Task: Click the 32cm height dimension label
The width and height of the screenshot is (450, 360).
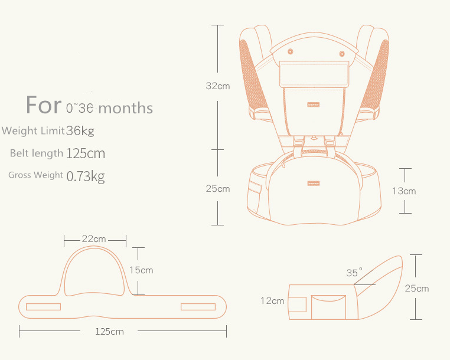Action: [x=217, y=86]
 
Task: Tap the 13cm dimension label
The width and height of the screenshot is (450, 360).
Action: [x=404, y=191]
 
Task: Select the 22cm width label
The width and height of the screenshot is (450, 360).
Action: [x=94, y=239]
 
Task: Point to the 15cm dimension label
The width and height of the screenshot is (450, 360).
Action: [x=141, y=270]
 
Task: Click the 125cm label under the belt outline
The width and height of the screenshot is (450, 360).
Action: [x=109, y=331]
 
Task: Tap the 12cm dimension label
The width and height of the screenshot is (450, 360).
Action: [x=272, y=300]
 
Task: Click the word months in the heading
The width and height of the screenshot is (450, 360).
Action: [x=125, y=108]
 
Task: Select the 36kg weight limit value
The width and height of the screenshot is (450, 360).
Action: [x=80, y=130]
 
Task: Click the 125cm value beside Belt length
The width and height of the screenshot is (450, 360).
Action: [x=86, y=153]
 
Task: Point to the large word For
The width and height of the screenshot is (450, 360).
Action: [x=44, y=105]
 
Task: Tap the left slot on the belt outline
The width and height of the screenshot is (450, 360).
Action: [x=43, y=306]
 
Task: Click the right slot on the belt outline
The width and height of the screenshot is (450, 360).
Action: [x=198, y=306]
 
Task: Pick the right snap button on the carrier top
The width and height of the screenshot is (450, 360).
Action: [x=341, y=54]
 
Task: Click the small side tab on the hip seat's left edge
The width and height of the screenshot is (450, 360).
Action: [x=255, y=187]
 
